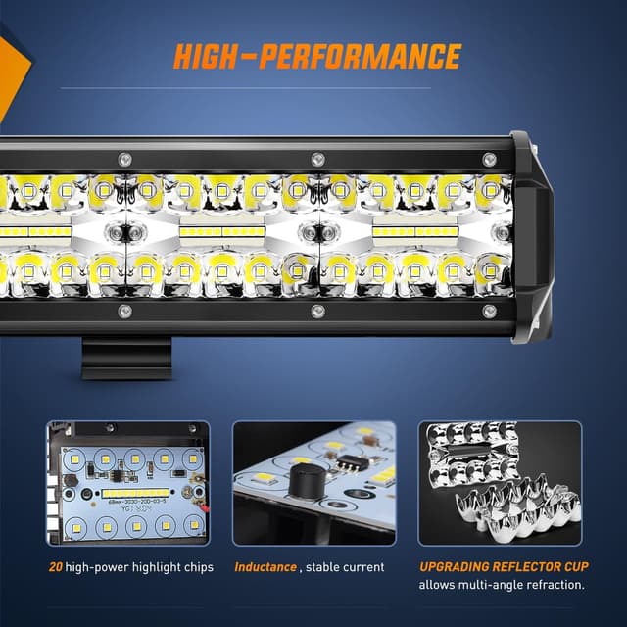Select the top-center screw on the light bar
(x=316, y=159)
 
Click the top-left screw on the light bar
(x=123, y=159)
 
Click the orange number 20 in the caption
(x=56, y=567)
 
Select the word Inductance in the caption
(x=265, y=567)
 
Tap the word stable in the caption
(x=328, y=567)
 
